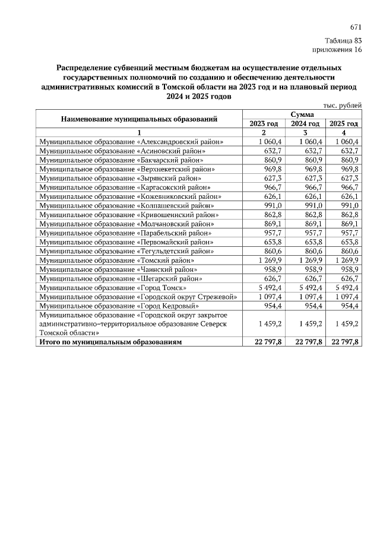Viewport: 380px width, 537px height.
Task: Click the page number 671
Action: [x=356, y=27]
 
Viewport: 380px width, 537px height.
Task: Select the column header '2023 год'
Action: [x=264, y=123]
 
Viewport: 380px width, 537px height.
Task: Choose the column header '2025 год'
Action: [x=344, y=123]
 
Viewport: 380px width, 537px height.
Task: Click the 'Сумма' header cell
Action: [x=303, y=114]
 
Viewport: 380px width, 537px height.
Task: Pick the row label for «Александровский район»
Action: [x=131, y=142]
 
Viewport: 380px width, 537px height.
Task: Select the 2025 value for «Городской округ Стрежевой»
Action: [x=344, y=296]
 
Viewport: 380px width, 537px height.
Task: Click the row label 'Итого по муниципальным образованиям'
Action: [x=110, y=342]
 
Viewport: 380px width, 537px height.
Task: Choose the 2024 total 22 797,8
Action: [x=305, y=342]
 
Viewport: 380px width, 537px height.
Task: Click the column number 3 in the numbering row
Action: [x=305, y=132]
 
